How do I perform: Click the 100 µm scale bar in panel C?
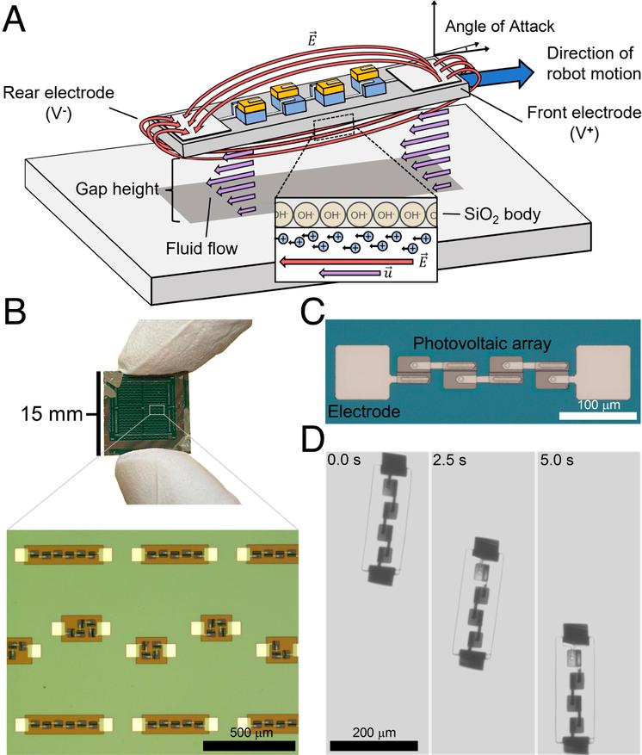pos(593,417)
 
